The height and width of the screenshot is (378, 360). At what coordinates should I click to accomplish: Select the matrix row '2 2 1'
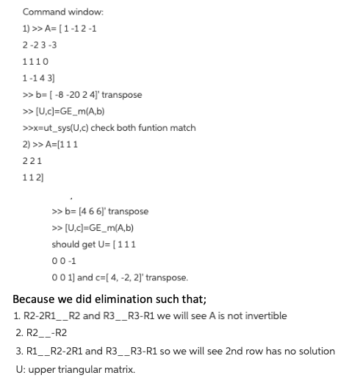[x=32, y=161]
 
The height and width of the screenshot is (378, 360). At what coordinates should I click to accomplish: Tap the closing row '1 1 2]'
[x=34, y=177]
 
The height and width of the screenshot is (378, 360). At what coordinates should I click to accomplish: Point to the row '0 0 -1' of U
[x=65, y=261]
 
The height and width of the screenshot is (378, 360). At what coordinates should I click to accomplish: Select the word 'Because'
[x=37, y=299]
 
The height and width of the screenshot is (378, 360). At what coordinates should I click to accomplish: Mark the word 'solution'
[x=314, y=351]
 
